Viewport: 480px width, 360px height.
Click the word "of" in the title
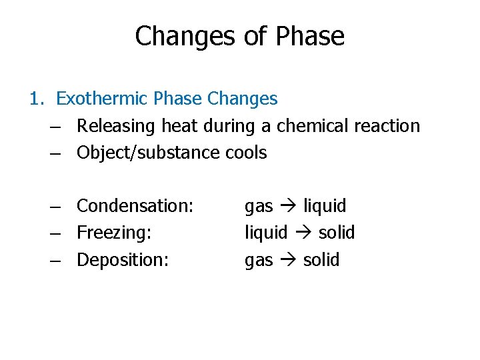pos(255,37)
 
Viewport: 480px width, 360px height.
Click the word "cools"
pos(246,153)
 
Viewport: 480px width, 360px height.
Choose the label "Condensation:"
pos(135,206)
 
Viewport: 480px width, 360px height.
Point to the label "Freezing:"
pos(115,233)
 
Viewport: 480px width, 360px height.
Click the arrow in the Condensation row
pos(288,207)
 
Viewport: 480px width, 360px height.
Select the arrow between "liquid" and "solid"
pos(303,233)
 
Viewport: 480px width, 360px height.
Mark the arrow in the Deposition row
pos(288,260)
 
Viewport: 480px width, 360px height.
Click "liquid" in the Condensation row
pos(325,206)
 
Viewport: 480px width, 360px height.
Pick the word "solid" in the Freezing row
pos(337,233)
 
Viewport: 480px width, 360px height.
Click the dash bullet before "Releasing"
pos(57,127)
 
